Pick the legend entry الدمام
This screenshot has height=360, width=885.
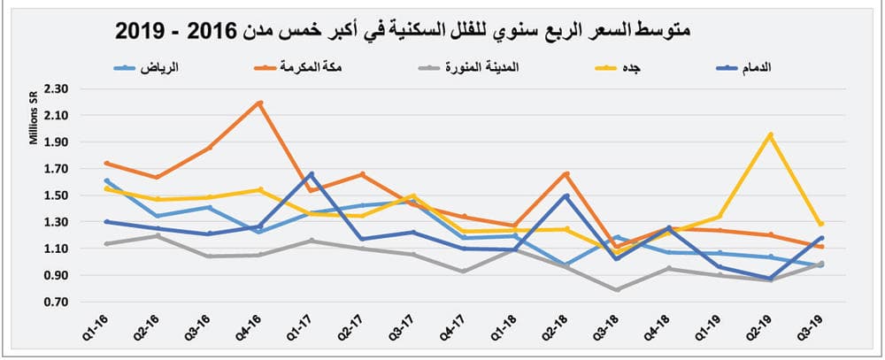tap(770, 66)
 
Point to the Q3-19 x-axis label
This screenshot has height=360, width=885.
tap(818, 330)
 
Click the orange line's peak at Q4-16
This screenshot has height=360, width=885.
tap(259, 103)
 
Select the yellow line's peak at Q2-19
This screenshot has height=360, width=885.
tap(771, 135)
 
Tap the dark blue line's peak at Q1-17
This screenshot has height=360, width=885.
tap(312, 174)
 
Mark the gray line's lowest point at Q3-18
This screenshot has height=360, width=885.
tap(617, 289)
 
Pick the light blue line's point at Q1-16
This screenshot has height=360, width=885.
tap(106, 180)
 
